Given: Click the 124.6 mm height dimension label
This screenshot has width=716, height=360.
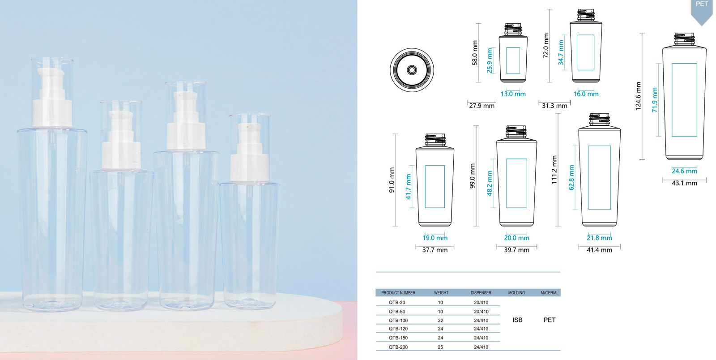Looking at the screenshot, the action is (x=638, y=96).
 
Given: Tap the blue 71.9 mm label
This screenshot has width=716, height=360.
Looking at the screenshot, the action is (x=655, y=100).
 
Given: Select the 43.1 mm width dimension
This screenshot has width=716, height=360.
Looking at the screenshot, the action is (x=684, y=183).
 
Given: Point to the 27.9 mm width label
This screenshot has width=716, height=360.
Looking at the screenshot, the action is (x=482, y=106).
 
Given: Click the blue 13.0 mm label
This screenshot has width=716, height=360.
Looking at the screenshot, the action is (x=513, y=94).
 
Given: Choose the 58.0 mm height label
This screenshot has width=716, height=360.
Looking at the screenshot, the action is (x=475, y=53).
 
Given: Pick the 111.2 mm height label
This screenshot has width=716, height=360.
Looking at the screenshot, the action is (x=554, y=170).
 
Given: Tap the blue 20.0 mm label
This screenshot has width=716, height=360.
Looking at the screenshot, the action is (x=516, y=238).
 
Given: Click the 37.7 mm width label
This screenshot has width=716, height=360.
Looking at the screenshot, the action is (x=435, y=250).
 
